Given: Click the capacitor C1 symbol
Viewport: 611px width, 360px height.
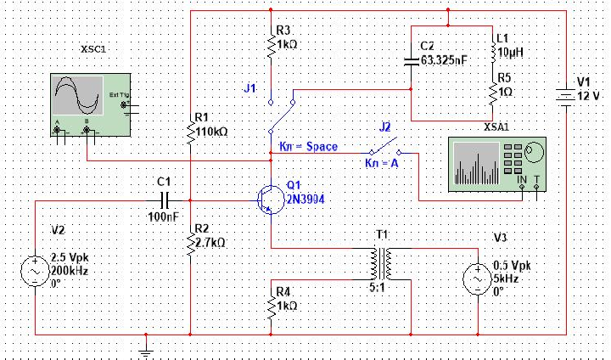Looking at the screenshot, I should pos(165,200).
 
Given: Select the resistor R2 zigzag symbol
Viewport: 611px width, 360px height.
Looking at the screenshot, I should pos(190,245).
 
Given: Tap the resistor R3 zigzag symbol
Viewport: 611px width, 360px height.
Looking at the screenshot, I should pos(270,48).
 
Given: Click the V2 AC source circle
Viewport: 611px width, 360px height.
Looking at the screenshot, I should pos(36,272).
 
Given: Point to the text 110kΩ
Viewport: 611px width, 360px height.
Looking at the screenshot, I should pos(211,132).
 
